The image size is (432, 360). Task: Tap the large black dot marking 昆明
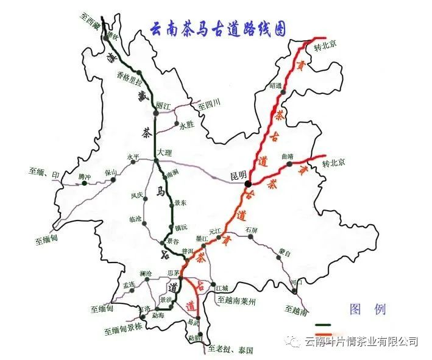pos(248,183)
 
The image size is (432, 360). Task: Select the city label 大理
pos(165,152)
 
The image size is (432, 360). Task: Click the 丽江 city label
pos(164,105)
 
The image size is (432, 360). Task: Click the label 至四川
pos(208,105)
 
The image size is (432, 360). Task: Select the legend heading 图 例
pos(367,309)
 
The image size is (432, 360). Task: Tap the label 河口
pos(297,283)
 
